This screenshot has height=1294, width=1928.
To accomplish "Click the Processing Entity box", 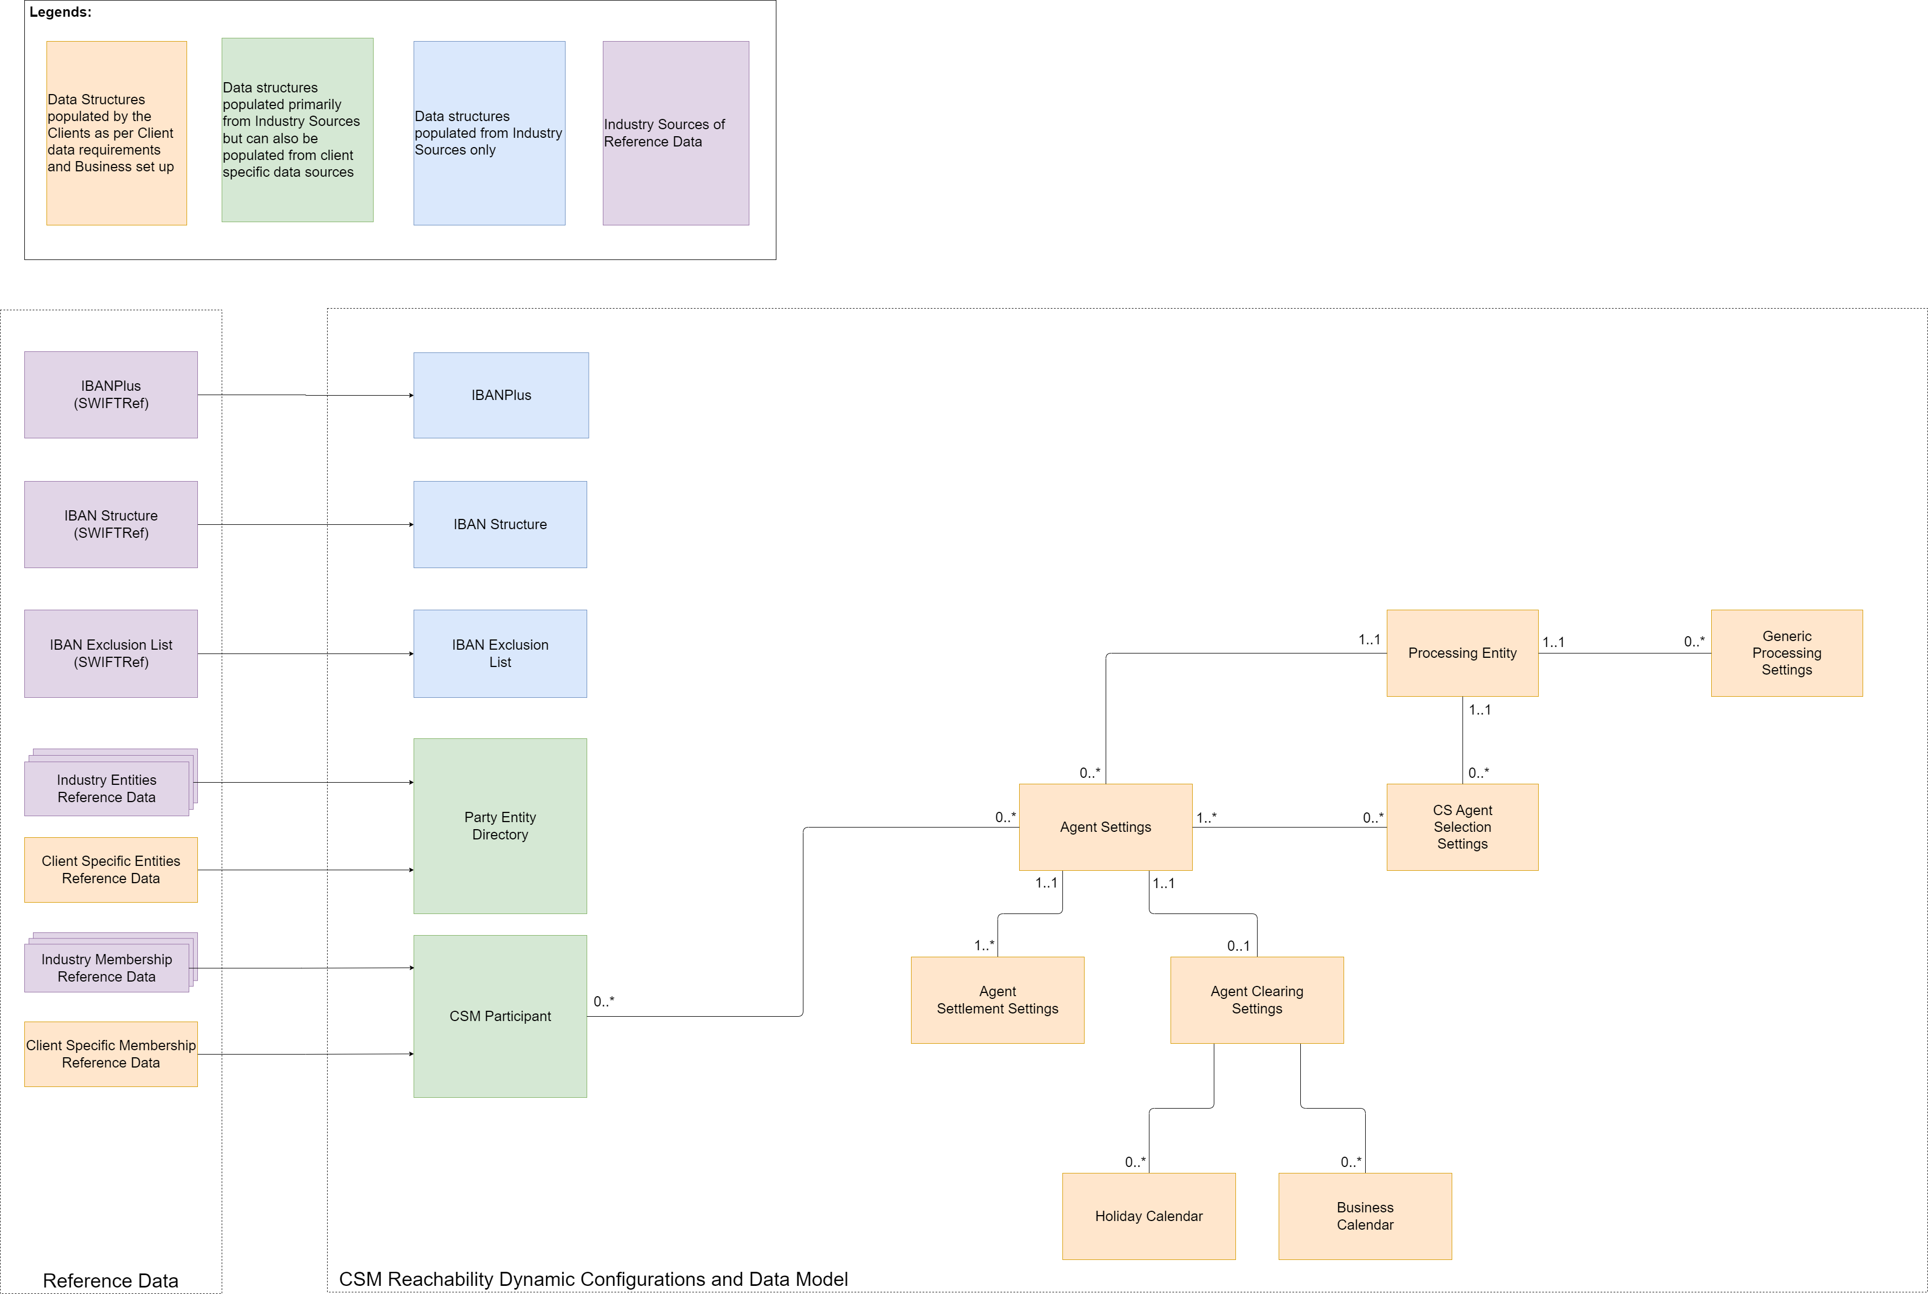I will [1462, 653].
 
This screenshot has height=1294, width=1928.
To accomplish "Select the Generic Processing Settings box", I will [1786, 653].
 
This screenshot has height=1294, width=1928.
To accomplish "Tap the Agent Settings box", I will [1105, 827].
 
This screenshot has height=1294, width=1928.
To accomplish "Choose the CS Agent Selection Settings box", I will [1462, 827].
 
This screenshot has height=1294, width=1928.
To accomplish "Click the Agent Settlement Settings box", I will [997, 999].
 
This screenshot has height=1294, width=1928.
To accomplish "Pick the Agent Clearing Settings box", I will [1256, 999].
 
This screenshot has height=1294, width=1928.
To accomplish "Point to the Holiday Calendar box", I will [1148, 1216].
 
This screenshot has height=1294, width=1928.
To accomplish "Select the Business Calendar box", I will [1364, 1216].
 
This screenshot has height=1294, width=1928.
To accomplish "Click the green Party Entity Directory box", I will [500, 825].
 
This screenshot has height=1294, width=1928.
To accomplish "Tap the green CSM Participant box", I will [500, 1016].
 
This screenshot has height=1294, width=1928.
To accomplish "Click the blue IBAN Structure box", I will [500, 524].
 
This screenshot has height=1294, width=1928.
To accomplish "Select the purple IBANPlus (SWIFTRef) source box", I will [111, 395].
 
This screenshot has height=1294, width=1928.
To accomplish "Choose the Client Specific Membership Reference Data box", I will [111, 1054].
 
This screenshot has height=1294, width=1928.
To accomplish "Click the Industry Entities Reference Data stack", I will [107, 788].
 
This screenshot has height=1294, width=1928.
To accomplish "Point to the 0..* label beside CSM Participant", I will [603, 1001].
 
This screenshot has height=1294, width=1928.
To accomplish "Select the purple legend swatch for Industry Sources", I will [675, 133].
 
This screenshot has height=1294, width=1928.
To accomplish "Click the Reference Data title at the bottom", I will [111, 1280].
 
